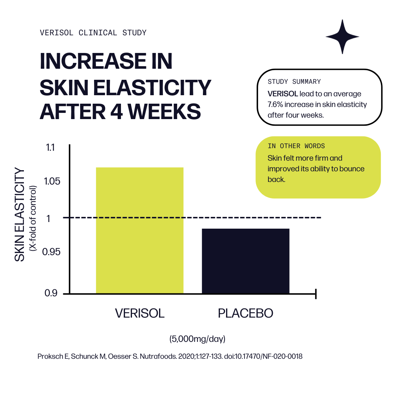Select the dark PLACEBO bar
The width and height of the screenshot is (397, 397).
tap(246, 261)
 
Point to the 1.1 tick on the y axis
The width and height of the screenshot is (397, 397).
tap(50, 148)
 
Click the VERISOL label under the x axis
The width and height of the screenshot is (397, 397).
tap(140, 313)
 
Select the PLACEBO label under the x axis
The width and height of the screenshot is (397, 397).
tap(246, 313)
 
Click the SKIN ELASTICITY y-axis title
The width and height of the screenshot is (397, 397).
tap(20, 215)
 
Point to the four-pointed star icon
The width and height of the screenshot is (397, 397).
tap(342, 37)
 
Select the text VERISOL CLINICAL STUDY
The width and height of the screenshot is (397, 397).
tap(93, 33)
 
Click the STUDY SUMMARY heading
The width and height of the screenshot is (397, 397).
tap(294, 82)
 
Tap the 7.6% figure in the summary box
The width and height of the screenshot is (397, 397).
tap(275, 104)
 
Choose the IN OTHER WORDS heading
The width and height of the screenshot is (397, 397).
tap(296, 146)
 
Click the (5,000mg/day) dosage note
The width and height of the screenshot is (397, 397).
tap(197, 339)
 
